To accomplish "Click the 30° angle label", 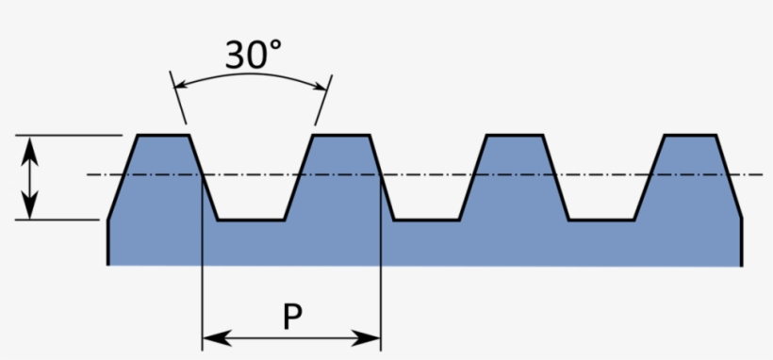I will [x=252, y=56].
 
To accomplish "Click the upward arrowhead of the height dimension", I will [x=31, y=144].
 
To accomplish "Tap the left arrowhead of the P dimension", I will [x=209, y=336].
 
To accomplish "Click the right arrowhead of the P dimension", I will [x=373, y=336].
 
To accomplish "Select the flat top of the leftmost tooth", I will [x=164, y=136].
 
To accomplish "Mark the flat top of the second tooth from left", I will [x=339, y=136].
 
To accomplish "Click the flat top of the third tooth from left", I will [x=514, y=136].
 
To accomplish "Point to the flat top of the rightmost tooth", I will [x=689, y=136].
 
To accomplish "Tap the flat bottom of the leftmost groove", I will [x=252, y=220].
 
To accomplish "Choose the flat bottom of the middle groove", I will [x=427, y=220].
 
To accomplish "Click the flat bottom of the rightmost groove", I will [x=601, y=220].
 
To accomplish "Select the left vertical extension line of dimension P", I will [x=203, y=283].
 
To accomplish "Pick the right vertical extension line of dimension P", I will [x=380, y=283].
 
